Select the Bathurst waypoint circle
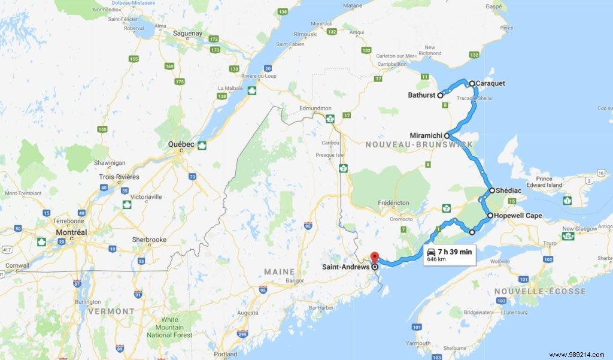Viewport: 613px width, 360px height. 440,95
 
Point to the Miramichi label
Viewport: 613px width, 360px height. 426,135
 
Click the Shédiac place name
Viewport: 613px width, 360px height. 509,190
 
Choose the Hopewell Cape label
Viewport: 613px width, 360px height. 518,215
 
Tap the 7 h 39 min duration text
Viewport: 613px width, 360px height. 454,252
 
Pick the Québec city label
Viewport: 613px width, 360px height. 181,144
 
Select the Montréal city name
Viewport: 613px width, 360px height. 71,232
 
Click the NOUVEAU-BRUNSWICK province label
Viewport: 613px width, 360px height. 419,144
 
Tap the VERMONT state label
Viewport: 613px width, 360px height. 111,311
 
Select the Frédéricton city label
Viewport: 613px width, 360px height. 393,203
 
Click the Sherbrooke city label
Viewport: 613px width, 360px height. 149,240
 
